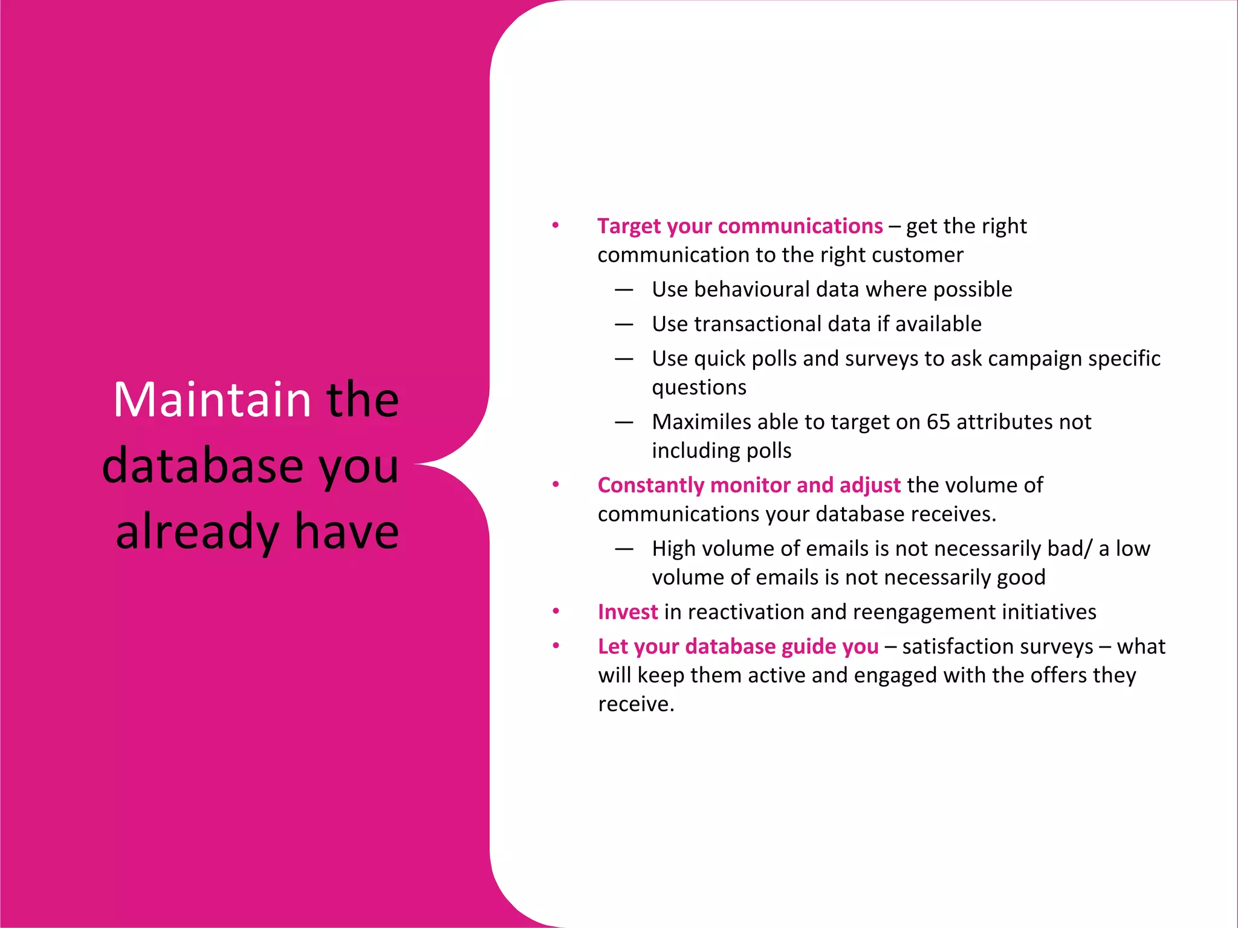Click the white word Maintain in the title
pyautogui.click(x=212, y=400)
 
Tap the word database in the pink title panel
pyautogui.click(x=203, y=466)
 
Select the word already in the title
pyautogui.click(x=197, y=532)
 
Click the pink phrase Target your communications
pyautogui.click(x=740, y=226)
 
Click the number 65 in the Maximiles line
pyautogui.click(x=938, y=422)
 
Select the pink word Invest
pyautogui.click(x=627, y=612)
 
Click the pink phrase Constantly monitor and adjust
pyautogui.click(x=749, y=485)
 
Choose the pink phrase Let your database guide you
pyautogui.click(x=738, y=646)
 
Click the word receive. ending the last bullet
pyautogui.click(x=636, y=704)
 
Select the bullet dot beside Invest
pyautogui.click(x=556, y=611)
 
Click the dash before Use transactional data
pyautogui.click(x=624, y=324)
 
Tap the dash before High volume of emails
pyautogui.click(x=624, y=549)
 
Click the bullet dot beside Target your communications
pyautogui.click(x=556, y=225)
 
